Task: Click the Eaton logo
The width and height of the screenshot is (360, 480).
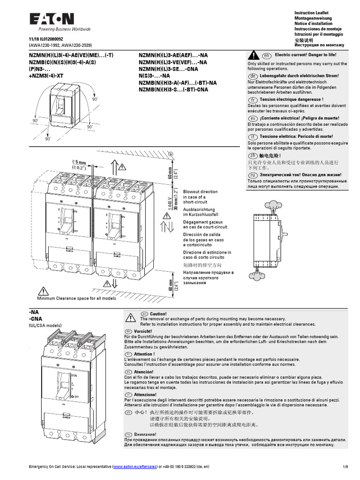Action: pos(52,19)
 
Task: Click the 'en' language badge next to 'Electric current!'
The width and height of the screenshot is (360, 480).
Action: pos(267,55)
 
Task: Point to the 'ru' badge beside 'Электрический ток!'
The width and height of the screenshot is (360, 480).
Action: pos(252,174)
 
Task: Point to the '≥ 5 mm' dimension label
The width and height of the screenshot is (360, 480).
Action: pos(80,162)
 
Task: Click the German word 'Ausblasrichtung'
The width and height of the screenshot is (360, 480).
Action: pos(199,209)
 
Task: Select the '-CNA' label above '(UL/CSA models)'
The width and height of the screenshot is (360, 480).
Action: pos(37,318)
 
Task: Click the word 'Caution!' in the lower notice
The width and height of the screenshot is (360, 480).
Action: pos(158,314)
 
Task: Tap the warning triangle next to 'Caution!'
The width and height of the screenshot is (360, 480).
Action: pos(128,318)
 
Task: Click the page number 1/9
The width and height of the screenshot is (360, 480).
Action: pos(345,467)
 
